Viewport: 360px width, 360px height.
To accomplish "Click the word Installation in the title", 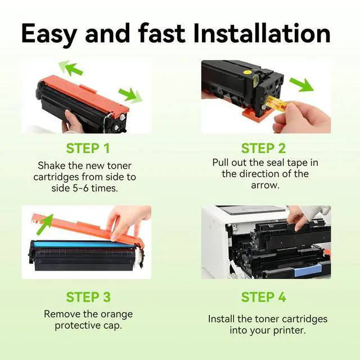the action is [x=262, y=33].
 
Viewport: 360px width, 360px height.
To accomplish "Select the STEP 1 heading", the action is [x=88, y=148].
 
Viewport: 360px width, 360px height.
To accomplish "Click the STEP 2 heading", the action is [x=264, y=148].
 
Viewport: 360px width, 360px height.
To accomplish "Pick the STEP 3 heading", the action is [x=88, y=297].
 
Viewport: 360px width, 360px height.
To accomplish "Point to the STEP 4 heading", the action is [x=264, y=297].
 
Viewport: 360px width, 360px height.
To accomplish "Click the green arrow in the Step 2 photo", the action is [x=301, y=84].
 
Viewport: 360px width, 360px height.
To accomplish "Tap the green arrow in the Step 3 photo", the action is [x=45, y=224].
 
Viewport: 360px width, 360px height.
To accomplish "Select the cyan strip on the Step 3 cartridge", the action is [x=84, y=244].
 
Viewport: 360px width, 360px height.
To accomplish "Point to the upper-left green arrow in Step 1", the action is [x=71, y=67].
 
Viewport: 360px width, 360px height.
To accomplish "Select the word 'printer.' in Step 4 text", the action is [x=290, y=331].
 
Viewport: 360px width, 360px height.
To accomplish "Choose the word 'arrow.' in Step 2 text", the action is [x=265, y=185].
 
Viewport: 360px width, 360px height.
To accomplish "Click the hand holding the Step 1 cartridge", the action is [x=73, y=121].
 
